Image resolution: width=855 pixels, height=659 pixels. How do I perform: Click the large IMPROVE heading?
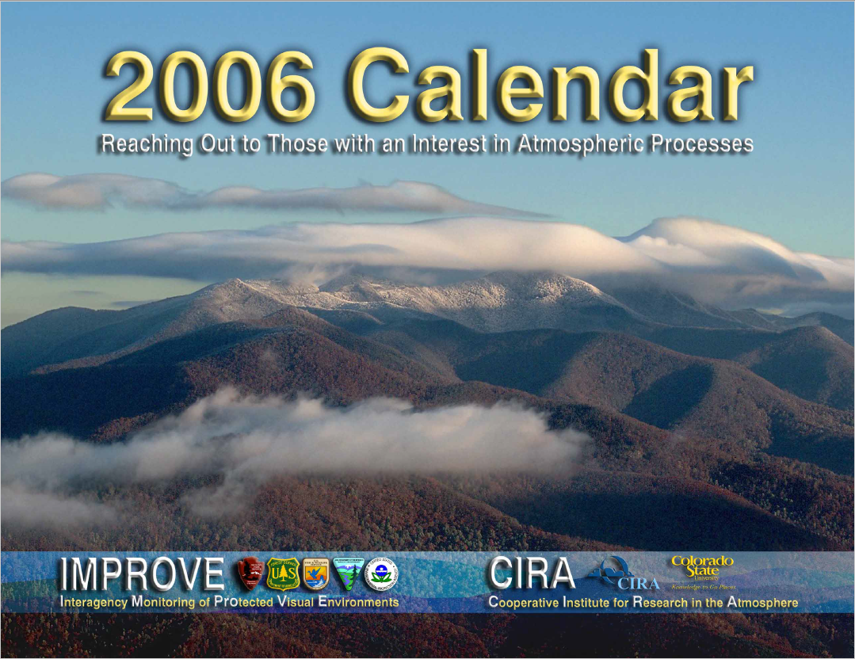142,573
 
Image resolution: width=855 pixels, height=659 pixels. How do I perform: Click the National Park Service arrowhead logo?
250,573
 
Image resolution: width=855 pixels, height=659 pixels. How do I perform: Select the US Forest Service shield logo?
282,573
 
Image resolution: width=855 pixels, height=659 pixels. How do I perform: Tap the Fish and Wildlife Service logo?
315,573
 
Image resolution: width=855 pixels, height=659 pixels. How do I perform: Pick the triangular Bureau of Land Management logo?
347,573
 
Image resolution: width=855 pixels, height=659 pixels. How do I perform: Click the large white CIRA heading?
531,573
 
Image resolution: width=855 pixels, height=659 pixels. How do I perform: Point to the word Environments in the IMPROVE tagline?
356,603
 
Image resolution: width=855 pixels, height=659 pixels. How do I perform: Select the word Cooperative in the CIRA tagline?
524,604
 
